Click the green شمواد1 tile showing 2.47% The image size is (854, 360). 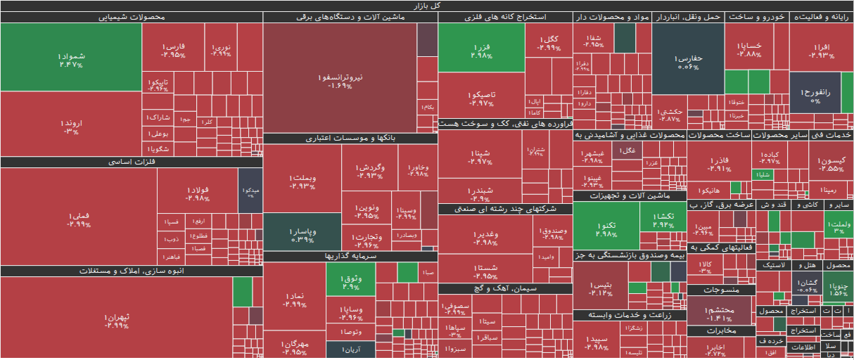[x=70, y=58]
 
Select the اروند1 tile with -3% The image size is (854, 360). [x=70, y=125]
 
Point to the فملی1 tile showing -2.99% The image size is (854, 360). [x=79, y=219]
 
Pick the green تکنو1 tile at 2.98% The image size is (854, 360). [x=606, y=229]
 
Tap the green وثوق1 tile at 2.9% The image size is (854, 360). [x=350, y=283]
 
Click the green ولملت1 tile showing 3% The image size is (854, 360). [x=839, y=226]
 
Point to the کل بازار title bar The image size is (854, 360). [x=427, y=6]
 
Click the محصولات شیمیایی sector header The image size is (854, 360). [x=132, y=17]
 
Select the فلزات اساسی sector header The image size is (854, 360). [x=132, y=162]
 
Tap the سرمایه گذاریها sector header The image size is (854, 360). [x=350, y=257]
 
